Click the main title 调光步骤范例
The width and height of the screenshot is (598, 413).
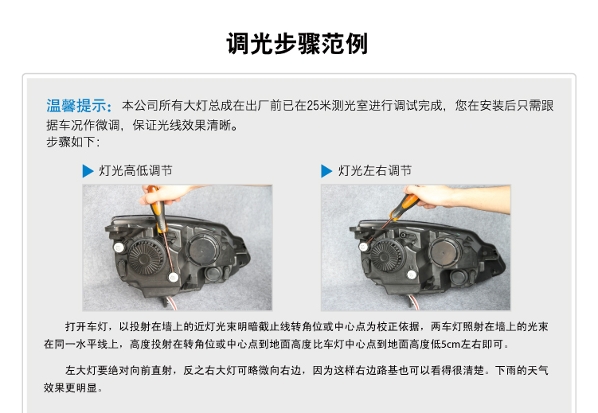click(297, 44)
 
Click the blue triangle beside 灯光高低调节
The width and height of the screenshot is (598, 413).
click(88, 170)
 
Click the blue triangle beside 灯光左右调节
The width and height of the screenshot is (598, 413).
click(326, 170)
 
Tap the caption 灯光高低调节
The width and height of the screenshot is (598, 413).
click(136, 170)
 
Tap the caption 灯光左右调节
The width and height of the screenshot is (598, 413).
click(375, 170)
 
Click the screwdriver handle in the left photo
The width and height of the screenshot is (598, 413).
click(158, 208)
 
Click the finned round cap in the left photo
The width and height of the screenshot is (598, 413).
click(145, 257)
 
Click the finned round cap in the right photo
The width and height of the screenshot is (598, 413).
click(386, 256)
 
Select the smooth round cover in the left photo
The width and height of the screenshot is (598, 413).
click(203, 250)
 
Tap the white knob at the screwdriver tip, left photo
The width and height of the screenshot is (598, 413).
click(174, 277)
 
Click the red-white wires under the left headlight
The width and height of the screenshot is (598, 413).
click(171, 302)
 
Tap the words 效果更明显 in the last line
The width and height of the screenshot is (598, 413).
click(70, 388)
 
